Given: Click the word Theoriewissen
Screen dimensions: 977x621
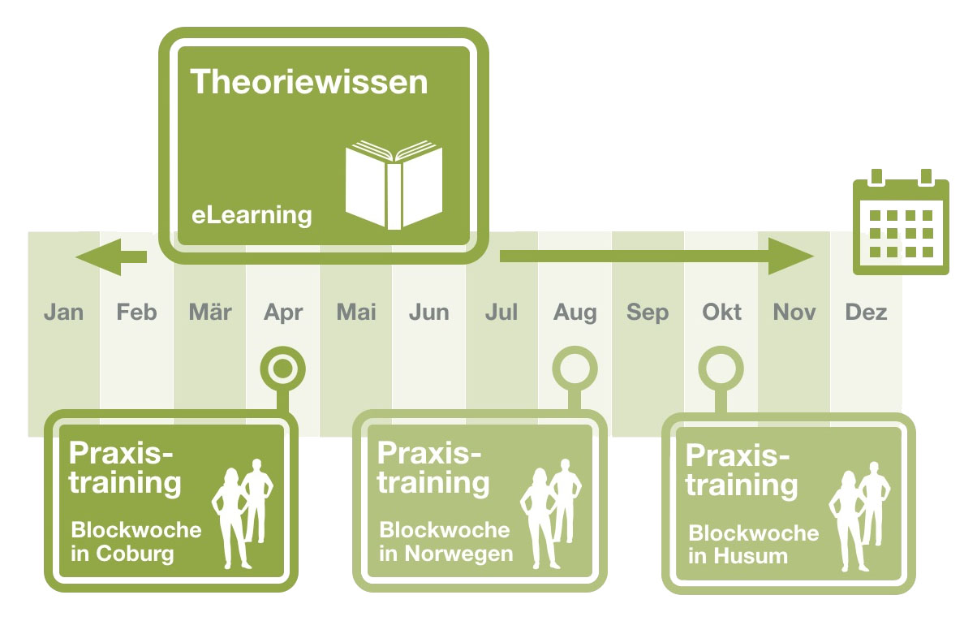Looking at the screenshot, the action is coord(309,82).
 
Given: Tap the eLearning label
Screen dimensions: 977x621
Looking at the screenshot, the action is coord(252,215).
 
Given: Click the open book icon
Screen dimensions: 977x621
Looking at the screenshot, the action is coord(394,184).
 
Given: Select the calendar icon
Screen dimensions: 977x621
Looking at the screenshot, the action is coord(901,222).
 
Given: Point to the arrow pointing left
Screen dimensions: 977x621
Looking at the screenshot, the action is coord(111,257).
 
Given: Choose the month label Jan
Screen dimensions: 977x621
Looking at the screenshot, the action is coord(63,313).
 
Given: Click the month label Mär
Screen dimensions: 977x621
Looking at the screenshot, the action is coord(210,312).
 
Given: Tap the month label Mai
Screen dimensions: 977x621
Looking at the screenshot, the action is coord(356,313).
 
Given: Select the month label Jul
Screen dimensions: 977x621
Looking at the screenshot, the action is coord(501,313).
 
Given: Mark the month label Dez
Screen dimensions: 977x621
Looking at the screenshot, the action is coord(866,313).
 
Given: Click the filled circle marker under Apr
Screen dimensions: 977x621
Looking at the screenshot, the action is coord(283,369).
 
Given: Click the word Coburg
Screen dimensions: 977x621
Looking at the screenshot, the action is coord(135,554).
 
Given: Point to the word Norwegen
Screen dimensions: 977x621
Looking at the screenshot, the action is coord(458,554).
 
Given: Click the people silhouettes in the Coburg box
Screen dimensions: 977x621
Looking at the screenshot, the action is coord(243,514).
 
